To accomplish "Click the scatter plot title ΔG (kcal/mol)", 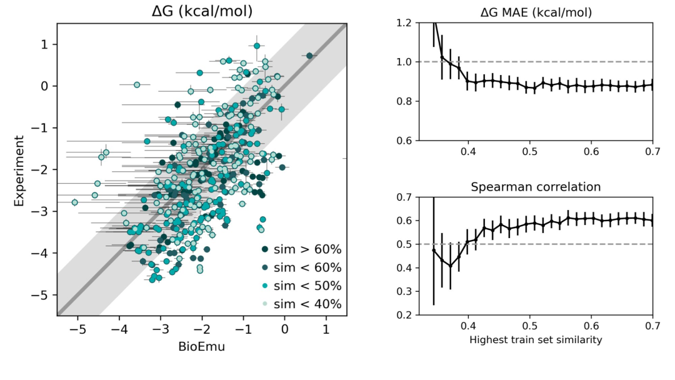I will point(202,11).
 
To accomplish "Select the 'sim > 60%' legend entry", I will point(301,250).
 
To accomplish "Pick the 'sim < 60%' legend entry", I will point(301,268).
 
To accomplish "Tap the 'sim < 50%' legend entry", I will point(301,286).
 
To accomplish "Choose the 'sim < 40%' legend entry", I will point(301,304).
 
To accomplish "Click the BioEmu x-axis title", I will point(202,347).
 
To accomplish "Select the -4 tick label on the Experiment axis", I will point(42,253).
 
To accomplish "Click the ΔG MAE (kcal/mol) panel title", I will point(536,11).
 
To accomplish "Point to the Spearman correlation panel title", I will point(536,186).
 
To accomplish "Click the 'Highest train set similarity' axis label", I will point(536,341).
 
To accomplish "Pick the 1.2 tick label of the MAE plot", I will point(406,23).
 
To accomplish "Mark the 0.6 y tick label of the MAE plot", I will point(406,140).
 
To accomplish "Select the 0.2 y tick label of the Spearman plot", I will point(406,314).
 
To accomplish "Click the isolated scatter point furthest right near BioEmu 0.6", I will point(309,56).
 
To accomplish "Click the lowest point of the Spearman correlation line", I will point(450,266).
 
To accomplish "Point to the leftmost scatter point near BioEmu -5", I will point(75,202).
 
